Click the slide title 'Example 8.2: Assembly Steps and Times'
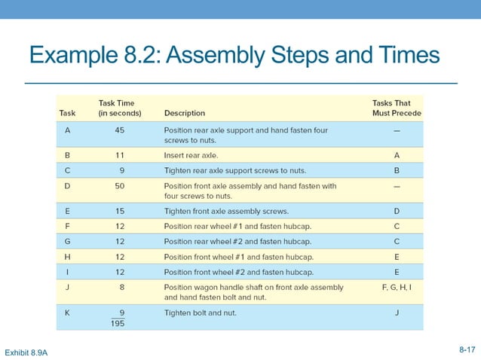coord(234,56)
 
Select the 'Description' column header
coord(185,113)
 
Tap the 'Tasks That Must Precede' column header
coord(397,108)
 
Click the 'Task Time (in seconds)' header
coord(117,108)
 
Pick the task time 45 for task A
coord(119,130)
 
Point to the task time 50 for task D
coord(119,185)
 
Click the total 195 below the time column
coord(118,324)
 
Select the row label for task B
coord(68,154)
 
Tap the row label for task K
coord(68,312)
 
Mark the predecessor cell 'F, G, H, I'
coord(397,287)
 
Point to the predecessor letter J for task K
coord(397,312)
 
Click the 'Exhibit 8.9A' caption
coord(26,352)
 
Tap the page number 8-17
coord(467,349)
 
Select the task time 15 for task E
coord(119,210)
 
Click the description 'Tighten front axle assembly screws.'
coord(226,210)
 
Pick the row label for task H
coord(68,255)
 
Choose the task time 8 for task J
coord(122,287)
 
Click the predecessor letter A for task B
coord(397,154)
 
